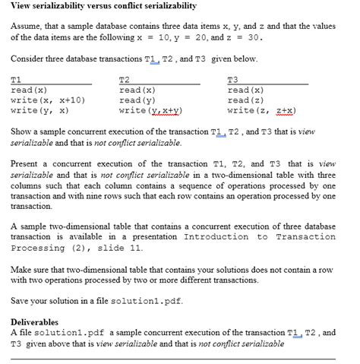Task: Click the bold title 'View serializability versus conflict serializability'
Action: [x=103, y=6]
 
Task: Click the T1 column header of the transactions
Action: [x=16, y=80]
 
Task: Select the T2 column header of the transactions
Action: [x=125, y=80]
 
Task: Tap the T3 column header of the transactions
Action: [x=232, y=80]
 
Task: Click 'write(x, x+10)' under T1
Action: [x=48, y=100]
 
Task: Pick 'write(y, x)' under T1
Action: [x=40, y=110]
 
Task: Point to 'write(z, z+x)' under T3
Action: [x=261, y=110]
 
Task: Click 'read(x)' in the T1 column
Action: [x=29, y=90]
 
